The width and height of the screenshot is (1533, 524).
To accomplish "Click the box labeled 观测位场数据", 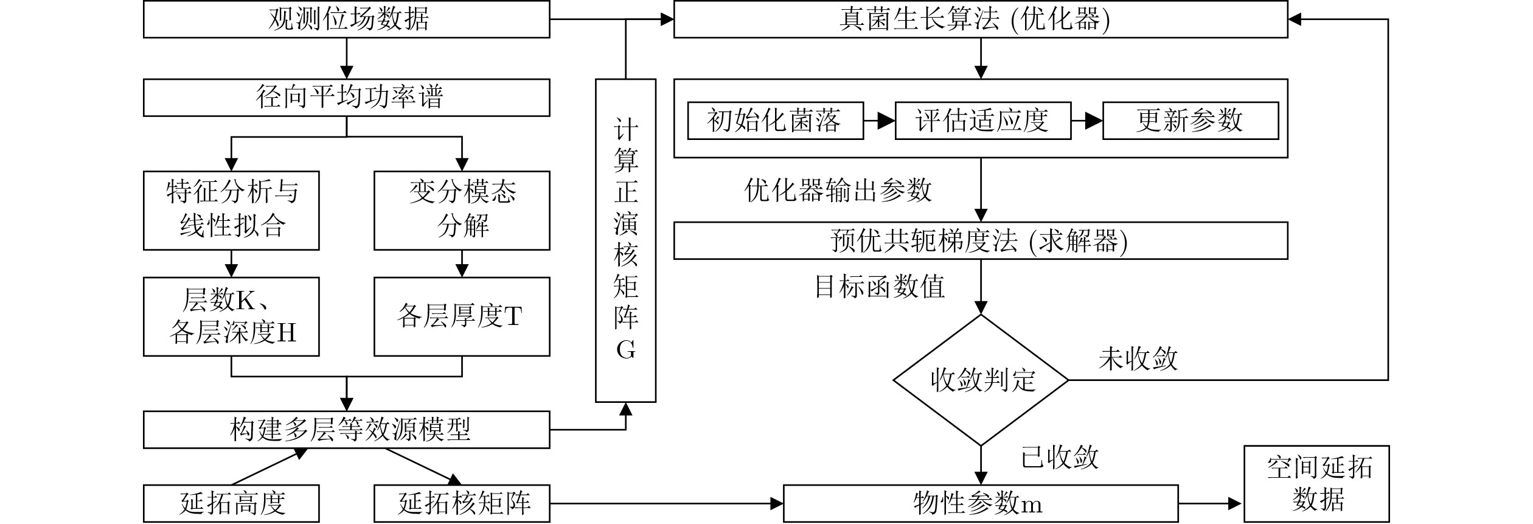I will tap(346, 19).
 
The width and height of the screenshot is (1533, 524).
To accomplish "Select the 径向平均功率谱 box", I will tap(346, 97).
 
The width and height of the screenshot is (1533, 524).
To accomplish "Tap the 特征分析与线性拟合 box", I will tap(231, 210).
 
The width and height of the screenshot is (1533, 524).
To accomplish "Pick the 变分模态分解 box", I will tap(462, 210).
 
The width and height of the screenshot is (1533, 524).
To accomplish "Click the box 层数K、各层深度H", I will tap(231, 316).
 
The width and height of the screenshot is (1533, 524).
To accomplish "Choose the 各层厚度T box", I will tap(462, 316).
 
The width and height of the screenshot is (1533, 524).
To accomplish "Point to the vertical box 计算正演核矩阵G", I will tap(625, 240).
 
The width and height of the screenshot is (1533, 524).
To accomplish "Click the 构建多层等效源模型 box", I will tap(346, 430).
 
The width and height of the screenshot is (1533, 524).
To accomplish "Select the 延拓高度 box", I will tap(231, 503).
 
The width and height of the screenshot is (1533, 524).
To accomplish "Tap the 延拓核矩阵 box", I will tap(462, 503).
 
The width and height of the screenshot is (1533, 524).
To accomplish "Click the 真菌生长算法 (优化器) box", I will tap(980, 19).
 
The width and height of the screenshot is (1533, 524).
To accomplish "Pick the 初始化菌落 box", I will tap(775, 121).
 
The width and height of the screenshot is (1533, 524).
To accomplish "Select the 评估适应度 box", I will tap(982, 121).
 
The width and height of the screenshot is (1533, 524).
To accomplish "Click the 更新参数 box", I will tap(1190, 121).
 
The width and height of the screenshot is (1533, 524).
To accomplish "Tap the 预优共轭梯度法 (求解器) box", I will tap(980, 241).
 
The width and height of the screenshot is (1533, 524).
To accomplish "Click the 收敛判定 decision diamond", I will tap(981, 380).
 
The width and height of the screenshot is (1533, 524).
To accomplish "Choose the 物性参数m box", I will tap(980, 503).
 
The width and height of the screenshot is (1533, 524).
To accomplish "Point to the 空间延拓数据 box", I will tap(1316, 484).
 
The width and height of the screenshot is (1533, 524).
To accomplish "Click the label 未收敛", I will tap(1138, 359).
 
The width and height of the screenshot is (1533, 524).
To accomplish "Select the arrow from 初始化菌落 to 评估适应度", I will tap(879, 121).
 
